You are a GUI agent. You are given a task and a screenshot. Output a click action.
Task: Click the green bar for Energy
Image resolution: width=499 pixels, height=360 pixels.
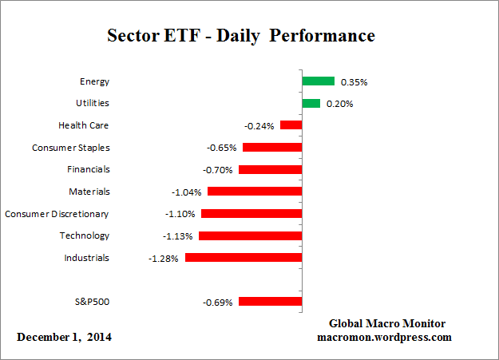click(x=318, y=81)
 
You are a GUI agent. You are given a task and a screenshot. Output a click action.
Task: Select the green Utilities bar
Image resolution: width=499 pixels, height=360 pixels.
click(x=311, y=103)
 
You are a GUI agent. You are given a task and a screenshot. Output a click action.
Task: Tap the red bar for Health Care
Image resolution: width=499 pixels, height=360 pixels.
click(x=291, y=125)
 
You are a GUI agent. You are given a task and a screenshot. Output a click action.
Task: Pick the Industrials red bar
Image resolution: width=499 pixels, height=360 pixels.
click(x=244, y=258)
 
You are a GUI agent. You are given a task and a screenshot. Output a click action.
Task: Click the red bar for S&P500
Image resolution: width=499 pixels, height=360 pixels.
click(x=270, y=302)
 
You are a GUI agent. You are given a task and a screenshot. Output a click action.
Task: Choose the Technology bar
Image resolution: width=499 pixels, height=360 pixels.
click(x=250, y=235)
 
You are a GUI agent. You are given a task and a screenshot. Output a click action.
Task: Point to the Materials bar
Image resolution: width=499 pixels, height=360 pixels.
click(x=255, y=192)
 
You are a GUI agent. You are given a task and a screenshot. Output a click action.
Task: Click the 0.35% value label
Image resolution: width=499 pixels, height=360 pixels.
click(x=354, y=82)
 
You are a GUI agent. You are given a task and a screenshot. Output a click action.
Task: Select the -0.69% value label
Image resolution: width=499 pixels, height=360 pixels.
click(x=218, y=303)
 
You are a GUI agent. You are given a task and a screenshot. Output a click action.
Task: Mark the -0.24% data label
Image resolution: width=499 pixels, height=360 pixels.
click(x=259, y=126)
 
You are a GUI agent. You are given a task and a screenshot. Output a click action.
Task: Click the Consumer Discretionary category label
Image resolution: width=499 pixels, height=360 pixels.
click(x=57, y=214)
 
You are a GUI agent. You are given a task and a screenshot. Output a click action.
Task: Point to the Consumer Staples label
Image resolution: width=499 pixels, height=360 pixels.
click(x=70, y=148)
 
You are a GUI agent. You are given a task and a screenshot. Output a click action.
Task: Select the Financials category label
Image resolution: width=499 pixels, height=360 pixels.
click(x=88, y=169)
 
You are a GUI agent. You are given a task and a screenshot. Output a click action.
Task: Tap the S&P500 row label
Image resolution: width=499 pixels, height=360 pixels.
click(x=90, y=302)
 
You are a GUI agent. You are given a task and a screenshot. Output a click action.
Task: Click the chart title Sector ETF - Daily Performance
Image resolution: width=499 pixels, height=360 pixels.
click(x=241, y=36)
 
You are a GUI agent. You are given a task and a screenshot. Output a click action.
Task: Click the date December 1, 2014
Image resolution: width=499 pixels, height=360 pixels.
click(x=65, y=337)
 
